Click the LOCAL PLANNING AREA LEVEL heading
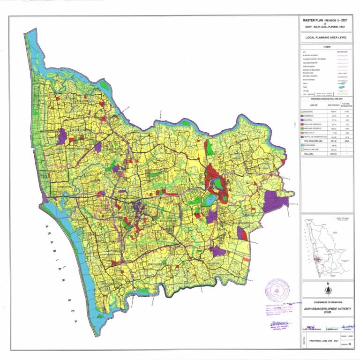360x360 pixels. [326, 37]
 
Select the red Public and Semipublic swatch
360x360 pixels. [302, 124]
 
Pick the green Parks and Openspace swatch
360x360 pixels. [302, 128]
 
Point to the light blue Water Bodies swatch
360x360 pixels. [302, 145]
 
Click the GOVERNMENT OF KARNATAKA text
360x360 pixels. [326, 302]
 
